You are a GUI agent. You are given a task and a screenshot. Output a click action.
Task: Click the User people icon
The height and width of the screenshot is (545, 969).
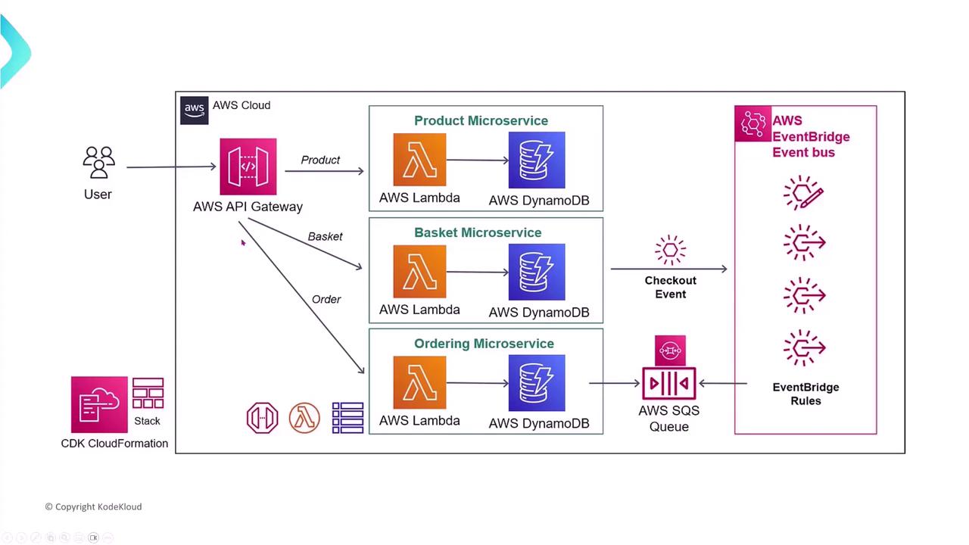98,163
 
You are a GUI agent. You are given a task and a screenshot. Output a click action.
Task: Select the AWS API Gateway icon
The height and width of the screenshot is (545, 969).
248,167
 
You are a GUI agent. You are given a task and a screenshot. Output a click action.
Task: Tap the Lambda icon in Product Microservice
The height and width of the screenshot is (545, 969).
419,160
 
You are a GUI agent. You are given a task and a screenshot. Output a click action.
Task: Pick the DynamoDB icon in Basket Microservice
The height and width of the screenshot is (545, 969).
537,272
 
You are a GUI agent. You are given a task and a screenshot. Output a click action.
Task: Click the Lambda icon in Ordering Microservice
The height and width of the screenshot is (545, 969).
419,382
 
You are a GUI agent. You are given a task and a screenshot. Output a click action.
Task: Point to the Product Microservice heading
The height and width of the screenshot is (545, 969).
481,121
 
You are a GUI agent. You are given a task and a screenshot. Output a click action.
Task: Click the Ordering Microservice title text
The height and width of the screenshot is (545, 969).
484,344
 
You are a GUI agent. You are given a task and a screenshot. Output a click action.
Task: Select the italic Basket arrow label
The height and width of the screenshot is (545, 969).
325,237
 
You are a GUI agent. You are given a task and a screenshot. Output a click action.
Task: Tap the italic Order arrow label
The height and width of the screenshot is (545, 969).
326,300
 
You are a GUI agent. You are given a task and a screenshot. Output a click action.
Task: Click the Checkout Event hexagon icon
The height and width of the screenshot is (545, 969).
670,251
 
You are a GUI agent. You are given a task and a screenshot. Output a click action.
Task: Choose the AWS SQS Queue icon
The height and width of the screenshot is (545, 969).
669,383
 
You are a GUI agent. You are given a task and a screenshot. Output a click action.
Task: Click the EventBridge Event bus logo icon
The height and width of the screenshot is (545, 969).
752,124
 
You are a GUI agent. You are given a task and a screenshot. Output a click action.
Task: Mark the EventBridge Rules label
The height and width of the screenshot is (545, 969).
805,394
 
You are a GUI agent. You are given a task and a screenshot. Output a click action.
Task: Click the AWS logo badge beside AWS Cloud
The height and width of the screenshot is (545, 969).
195,110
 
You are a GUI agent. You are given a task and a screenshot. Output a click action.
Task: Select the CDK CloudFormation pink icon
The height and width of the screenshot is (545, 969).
99,405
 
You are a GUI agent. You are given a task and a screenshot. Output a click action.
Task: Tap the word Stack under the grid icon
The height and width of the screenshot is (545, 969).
147,421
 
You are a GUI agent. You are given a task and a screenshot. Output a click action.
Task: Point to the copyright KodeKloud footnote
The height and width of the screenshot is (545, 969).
93,506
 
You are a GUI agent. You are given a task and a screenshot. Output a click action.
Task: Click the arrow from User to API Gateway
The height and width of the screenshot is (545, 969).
172,167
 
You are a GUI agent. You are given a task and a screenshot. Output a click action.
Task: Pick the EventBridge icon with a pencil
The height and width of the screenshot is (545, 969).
803,193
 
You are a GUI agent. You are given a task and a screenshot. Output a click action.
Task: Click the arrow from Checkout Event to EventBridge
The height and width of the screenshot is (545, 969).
669,269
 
